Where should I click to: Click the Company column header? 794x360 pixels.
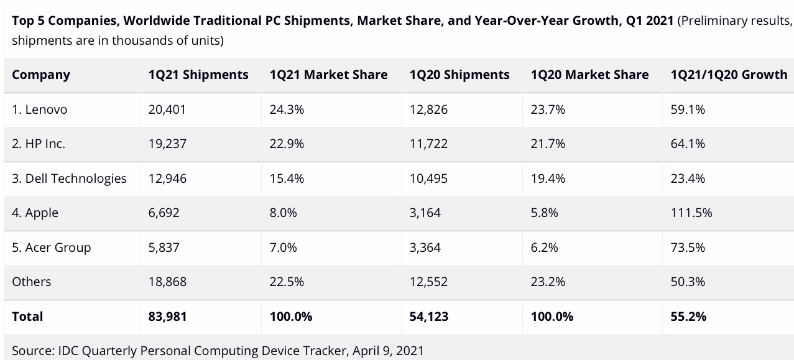pyautogui.click(x=41, y=75)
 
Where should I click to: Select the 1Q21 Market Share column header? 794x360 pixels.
pyautogui.click(x=328, y=75)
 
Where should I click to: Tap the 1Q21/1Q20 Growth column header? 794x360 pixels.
pyautogui.click(x=729, y=75)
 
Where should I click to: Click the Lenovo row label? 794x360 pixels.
pyautogui.click(x=39, y=109)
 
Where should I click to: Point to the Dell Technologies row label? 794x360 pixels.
pyautogui.click(x=69, y=179)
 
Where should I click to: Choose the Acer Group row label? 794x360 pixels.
pyautogui.click(x=51, y=247)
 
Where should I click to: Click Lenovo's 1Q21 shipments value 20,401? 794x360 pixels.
pyautogui.click(x=167, y=109)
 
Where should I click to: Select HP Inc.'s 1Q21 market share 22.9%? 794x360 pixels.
pyautogui.click(x=287, y=144)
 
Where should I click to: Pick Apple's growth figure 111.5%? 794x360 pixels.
pyautogui.click(x=691, y=213)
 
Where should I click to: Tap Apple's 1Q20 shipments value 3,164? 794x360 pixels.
pyautogui.click(x=425, y=213)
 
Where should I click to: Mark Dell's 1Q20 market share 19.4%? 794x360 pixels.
pyautogui.click(x=548, y=179)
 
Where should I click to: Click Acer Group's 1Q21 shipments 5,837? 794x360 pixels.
pyautogui.click(x=164, y=247)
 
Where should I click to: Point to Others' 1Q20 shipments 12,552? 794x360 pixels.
pyautogui.click(x=428, y=282)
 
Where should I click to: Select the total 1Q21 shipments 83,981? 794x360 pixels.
pyautogui.click(x=167, y=316)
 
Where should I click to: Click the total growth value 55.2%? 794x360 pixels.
pyautogui.click(x=688, y=316)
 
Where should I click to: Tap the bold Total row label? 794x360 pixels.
pyautogui.click(x=27, y=316)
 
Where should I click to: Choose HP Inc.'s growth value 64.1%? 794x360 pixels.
pyautogui.click(x=688, y=144)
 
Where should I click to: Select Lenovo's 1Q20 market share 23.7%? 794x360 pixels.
pyautogui.click(x=548, y=109)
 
